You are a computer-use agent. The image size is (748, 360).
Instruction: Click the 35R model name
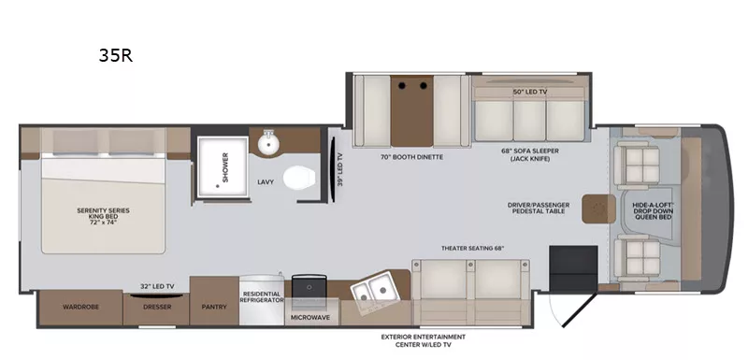pos(116,55)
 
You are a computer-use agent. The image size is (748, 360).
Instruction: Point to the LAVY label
pos(265,181)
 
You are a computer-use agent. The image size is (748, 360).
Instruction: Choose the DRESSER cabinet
pos(156,305)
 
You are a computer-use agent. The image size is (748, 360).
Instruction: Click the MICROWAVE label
pos(310,317)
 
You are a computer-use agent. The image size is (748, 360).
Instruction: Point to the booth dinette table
pos(410,109)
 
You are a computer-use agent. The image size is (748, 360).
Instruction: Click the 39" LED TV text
pos(339,169)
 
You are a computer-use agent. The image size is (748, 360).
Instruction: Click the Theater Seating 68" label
pos(472,248)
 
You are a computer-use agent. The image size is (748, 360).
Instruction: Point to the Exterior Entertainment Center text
pos(424,340)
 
